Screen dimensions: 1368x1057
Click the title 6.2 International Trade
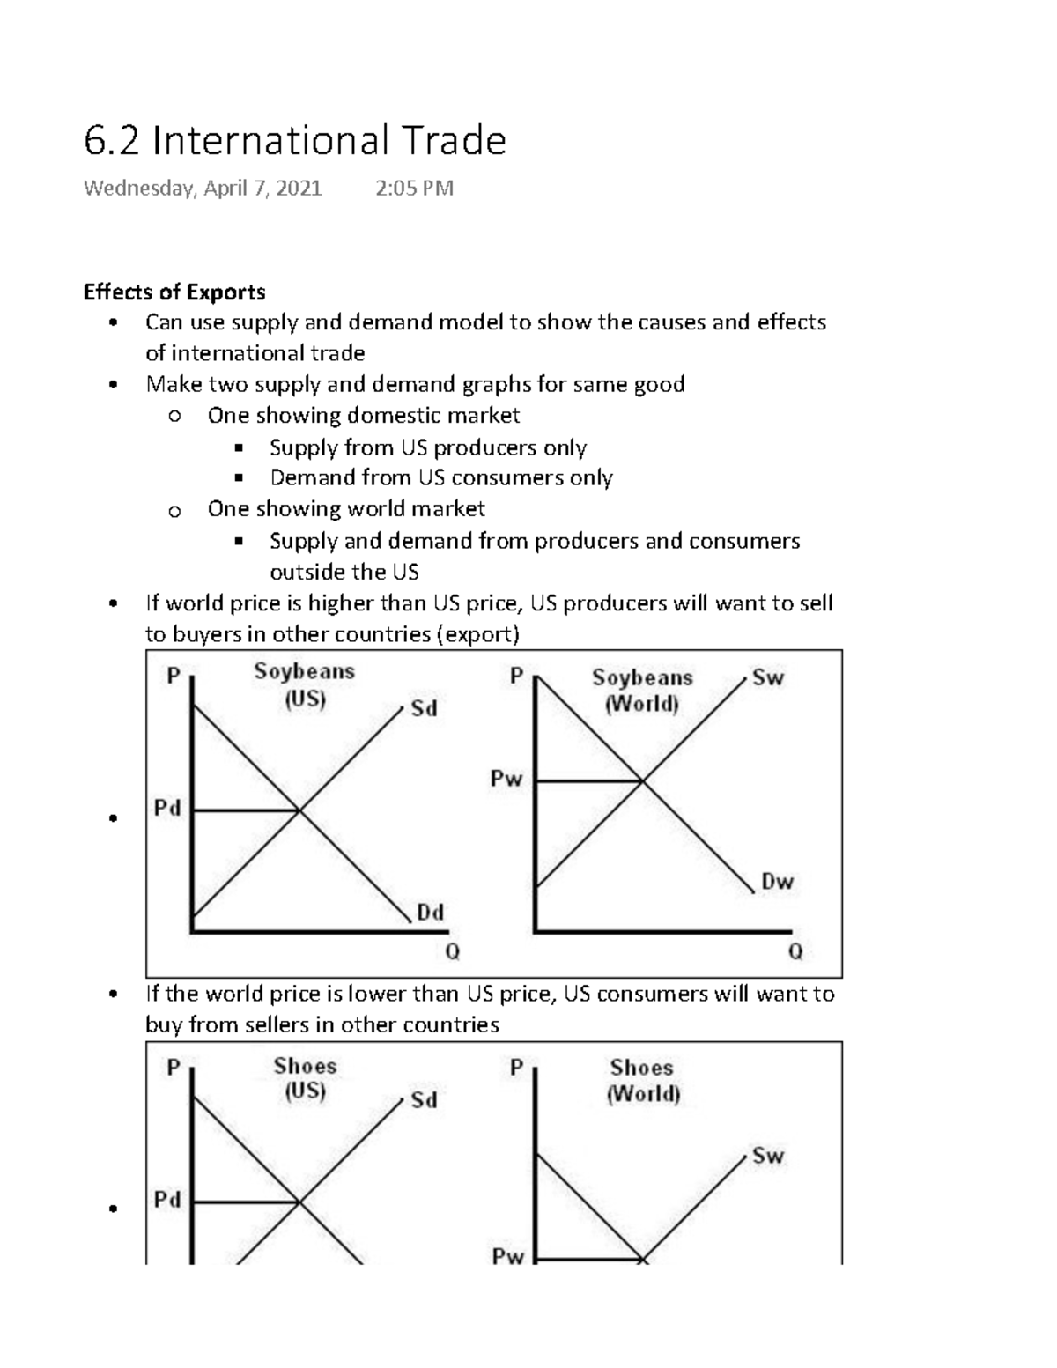tap(294, 141)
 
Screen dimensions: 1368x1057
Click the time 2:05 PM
tap(414, 189)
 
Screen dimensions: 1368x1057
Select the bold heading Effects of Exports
tap(174, 292)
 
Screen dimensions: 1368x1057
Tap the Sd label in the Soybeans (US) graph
tap(424, 709)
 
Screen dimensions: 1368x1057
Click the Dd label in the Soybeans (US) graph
tap(430, 913)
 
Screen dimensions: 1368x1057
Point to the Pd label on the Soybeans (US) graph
tap(167, 808)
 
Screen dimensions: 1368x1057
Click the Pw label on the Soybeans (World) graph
tap(506, 779)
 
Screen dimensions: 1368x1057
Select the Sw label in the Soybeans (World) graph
tap(768, 677)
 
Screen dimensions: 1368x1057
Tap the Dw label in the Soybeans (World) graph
tap(777, 882)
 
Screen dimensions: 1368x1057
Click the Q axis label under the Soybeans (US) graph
tap(452, 952)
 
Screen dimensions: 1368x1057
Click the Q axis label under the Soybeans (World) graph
tap(795, 952)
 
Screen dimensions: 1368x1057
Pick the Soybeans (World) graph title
tap(642, 691)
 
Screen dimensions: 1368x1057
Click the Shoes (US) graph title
tap(305, 1078)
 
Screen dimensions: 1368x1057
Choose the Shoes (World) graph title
tap(642, 1080)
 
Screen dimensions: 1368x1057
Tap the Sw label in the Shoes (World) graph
tap(767, 1156)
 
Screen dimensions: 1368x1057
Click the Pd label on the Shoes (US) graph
tap(167, 1200)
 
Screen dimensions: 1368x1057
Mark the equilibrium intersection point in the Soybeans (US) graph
tap(299, 810)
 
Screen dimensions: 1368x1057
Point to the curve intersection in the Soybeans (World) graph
tap(642, 780)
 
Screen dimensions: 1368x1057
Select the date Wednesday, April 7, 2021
tap(203, 189)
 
